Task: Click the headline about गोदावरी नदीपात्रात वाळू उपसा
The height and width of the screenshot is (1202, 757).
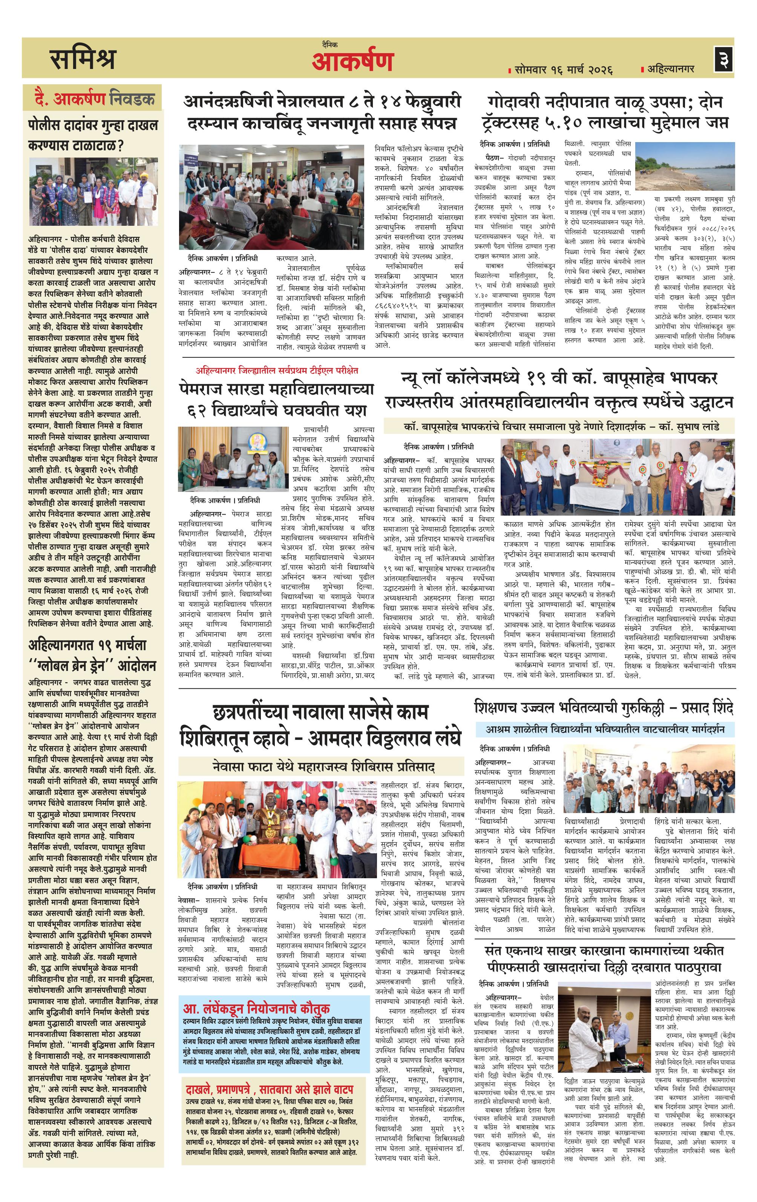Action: coord(604,112)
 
